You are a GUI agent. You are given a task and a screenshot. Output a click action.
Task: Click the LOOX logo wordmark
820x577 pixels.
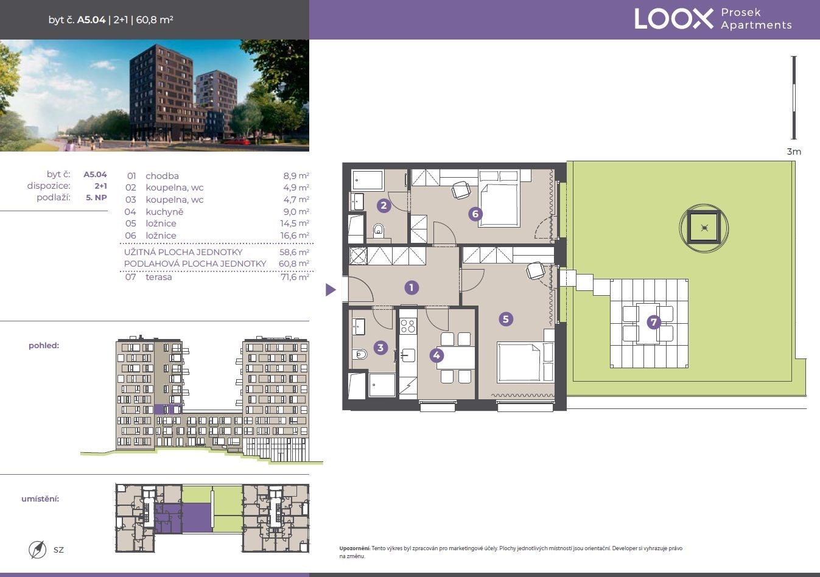point(673,19)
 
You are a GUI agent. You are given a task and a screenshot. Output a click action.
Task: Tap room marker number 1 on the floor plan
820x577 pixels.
point(412,288)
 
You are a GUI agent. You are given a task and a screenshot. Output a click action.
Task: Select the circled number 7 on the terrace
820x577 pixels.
point(654,322)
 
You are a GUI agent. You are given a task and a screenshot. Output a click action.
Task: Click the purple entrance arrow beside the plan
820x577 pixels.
point(331,290)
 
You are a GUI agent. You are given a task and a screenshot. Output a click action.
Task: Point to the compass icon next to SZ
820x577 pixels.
point(37,550)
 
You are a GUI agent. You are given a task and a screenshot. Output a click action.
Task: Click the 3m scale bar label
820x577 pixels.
point(794,152)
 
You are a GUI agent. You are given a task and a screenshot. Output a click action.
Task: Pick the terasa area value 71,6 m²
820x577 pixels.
point(295,277)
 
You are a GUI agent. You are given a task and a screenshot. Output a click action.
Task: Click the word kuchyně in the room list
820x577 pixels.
point(164,212)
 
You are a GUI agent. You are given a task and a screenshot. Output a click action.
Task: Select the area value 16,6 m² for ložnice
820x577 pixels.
point(295,236)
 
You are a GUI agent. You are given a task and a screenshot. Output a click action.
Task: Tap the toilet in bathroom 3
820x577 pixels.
point(360,354)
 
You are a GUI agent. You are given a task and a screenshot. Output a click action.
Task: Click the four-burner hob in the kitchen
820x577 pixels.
point(408,326)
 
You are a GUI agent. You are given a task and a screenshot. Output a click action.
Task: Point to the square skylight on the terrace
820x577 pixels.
point(704,228)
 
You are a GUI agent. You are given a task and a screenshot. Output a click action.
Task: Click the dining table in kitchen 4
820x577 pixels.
point(456,357)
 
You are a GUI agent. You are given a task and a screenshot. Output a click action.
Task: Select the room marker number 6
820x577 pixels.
point(475,214)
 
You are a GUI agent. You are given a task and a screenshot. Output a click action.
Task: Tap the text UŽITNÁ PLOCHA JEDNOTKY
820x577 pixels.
point(183,252)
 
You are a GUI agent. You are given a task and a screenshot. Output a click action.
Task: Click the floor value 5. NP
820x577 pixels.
point(96,198)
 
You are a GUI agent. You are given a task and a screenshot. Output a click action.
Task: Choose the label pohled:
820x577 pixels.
point(44,346)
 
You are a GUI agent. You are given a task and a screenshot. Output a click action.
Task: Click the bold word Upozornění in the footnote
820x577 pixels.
point(354,548)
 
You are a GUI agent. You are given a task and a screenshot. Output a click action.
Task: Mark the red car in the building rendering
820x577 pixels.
point(236,141)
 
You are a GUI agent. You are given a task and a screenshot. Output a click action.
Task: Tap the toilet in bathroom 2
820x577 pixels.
point(379,230)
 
